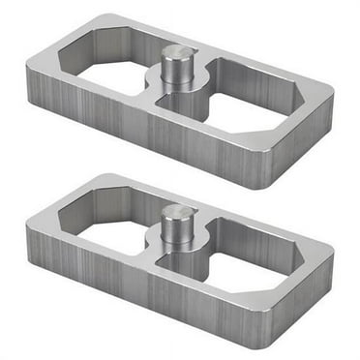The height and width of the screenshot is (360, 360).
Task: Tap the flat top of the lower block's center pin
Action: pos(178,212)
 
